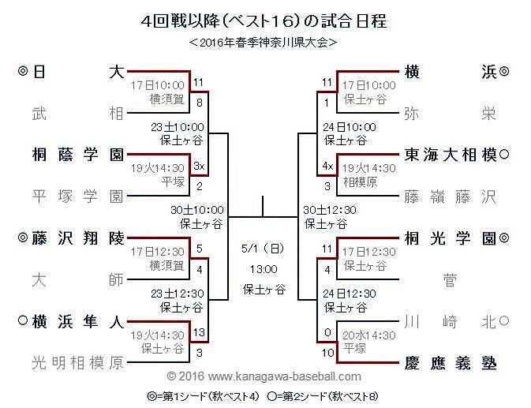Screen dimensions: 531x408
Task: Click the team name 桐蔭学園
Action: (x=78, y=155)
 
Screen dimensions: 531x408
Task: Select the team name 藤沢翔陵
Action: (x=78, y=237)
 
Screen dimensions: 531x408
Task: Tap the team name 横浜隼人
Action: (x=78, y=320)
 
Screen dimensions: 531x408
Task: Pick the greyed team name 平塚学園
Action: (x=78, y=196)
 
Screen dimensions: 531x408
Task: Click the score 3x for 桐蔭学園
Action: (x=199, y=166)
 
